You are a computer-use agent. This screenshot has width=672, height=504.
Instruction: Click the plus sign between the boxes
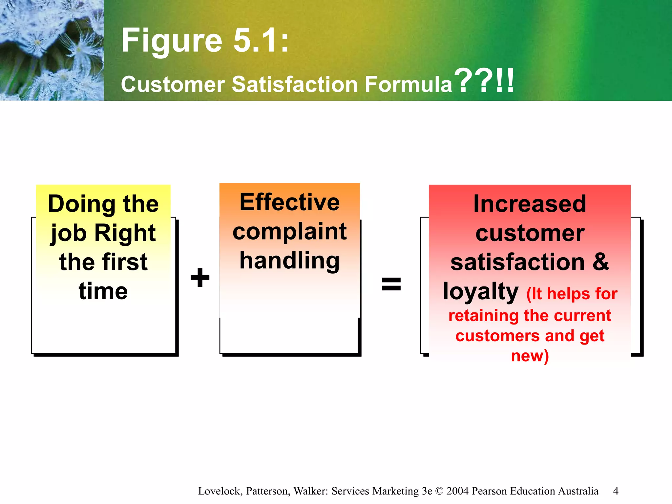pos(200,277)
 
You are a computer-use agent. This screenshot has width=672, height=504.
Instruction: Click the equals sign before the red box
pos(391,284)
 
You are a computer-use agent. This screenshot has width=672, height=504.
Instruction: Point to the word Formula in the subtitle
pos(409,84)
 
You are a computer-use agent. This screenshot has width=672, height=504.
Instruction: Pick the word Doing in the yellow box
pos(82,204)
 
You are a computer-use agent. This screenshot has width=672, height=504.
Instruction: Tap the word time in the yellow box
pos(103,291)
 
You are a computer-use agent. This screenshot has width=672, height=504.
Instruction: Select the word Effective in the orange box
pos(290,202)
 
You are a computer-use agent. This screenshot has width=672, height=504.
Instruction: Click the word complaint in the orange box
pos(290,232)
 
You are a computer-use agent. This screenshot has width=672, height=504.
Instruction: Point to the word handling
pos(290,261)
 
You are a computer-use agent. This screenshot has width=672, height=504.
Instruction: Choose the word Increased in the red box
pos(530,204)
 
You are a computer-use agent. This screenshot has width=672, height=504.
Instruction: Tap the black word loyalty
pos(480,291)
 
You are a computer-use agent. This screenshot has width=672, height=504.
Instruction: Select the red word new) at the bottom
pos(530,356)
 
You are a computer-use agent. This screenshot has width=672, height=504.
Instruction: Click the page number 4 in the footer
pos(616,491)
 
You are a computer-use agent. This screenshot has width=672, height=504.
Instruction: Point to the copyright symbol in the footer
pos(439,491)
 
